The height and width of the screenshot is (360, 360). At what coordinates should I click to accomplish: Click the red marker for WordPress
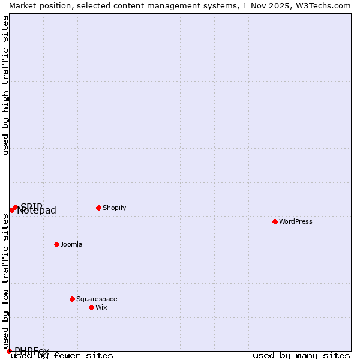coord(275,221)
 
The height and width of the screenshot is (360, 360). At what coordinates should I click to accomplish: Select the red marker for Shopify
coord(98,208)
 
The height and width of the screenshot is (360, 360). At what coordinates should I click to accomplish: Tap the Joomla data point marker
coord(56,244)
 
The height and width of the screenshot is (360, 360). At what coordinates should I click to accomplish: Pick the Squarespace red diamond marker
coord(72,299)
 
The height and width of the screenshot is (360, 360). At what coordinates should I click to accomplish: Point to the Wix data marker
coord(91,307)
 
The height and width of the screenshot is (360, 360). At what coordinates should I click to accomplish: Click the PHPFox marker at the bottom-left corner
coord(9,351)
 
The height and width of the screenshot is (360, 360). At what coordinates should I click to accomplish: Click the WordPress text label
coord(296,221)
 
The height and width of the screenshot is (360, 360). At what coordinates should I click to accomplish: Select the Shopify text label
coord(114,208)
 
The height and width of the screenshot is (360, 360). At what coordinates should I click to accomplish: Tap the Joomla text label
coord(71,244)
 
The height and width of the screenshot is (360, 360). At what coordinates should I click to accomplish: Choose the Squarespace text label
coord(97,299)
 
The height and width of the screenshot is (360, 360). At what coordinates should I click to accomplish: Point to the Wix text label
coord(101,307)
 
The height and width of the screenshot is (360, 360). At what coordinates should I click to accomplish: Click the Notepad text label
coord(37,211)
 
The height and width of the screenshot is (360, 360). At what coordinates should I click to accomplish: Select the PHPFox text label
coord(32,351)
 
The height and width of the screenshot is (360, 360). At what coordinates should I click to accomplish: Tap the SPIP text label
coord(31,206)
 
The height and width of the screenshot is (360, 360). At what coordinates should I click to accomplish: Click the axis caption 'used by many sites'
coord(301,355)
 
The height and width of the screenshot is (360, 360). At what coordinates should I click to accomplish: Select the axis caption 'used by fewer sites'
coord(62,355)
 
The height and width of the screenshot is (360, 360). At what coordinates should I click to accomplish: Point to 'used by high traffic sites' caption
coord(5,85)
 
